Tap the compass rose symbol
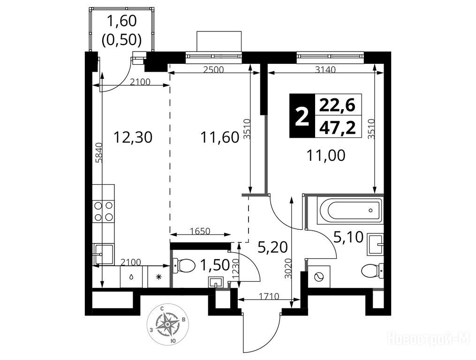[167, 324]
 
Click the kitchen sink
[103, 255]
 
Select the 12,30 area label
[132, 137]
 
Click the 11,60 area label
[220, 137]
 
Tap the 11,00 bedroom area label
[325, 156]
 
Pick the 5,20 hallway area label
[272, 247]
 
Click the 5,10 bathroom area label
[348, 237]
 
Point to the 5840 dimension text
[98, 153]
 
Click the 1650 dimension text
[200, 231]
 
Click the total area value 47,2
[337, 127]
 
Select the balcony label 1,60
[122, 21]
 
